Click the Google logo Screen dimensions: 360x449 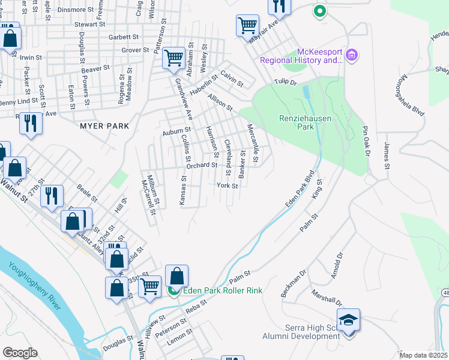pos(20,352)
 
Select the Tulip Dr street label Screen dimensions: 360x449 pos(286,82)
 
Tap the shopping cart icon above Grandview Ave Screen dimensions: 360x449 pos(173,58)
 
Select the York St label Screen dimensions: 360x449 pos(227,186)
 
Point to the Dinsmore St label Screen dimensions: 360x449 pos(76,10)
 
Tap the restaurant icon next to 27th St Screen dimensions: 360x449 pos(52,195)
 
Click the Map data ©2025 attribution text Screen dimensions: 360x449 pos(423,355)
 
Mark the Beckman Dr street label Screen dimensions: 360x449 pos(293,284)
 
